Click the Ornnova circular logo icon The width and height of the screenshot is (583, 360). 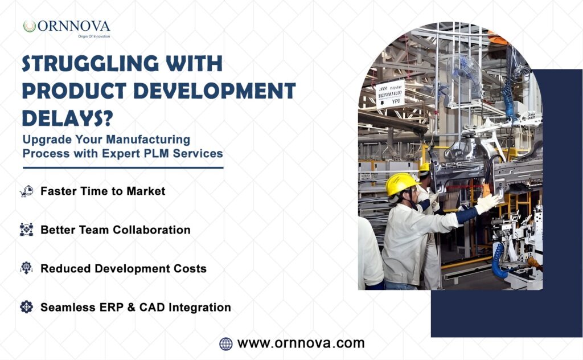[30, 26]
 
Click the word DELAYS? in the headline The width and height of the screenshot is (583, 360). [67, 118]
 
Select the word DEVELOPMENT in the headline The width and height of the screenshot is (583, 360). [215, 91]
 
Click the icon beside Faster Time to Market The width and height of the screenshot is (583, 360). [26, 191]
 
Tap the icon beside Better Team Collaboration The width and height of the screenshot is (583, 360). [26, 230]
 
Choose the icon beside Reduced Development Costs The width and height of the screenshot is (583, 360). [26, 268]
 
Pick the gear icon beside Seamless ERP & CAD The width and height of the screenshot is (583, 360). [26, 307]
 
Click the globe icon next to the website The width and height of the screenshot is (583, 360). [225, 343]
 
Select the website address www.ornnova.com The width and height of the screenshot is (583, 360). [301, 343]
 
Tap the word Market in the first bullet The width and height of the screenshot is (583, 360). [146, 191]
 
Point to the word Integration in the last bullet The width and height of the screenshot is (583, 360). [200, 307]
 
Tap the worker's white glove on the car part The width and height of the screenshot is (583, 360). [487, 202]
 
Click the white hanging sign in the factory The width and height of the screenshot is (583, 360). [389, 94]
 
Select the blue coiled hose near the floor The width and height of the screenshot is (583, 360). [500, 260]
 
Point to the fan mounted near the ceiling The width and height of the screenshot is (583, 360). [465, 73]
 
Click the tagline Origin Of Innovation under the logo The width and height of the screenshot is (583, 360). [94, 36]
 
